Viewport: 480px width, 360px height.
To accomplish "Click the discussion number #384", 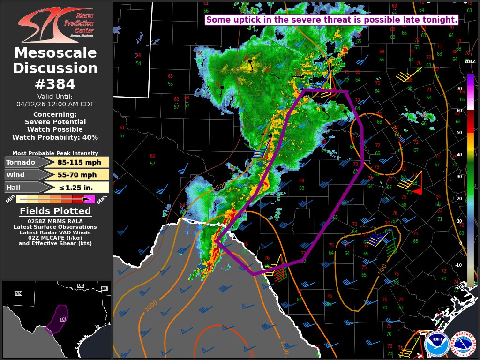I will point(55,84).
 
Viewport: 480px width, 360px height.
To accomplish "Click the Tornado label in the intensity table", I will point(21,163).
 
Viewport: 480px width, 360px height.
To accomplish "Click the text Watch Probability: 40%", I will point(55,137).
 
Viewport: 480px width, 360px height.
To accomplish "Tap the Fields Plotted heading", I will point(55,211).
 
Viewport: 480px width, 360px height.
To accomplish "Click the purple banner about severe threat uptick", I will point(331,20).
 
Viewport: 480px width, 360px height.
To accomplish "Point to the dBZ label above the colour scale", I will point(470,61).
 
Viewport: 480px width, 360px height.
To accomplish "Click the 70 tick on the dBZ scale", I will point(459,88).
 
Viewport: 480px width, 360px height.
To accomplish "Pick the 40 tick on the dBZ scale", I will point(459,154).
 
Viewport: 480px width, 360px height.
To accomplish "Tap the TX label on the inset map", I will point(62,319).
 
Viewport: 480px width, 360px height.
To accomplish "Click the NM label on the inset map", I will point(19,293).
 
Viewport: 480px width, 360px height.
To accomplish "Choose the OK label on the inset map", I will point(81,285).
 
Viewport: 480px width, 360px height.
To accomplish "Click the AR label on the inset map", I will point(104,289).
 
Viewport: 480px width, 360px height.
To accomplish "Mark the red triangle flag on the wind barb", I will point(417,191).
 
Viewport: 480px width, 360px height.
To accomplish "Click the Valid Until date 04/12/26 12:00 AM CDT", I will point(55,104).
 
